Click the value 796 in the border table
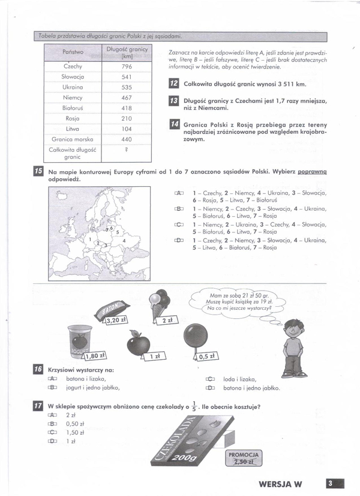click(x=127, y=67)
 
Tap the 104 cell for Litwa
click(x=127, y=129)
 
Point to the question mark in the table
click(x=127, y=150)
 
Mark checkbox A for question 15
click(x=178, y=193)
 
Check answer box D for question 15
click(x=178, y=240)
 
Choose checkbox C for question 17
click(x=52, y=432)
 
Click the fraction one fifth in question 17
click(x=194, y=406)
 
